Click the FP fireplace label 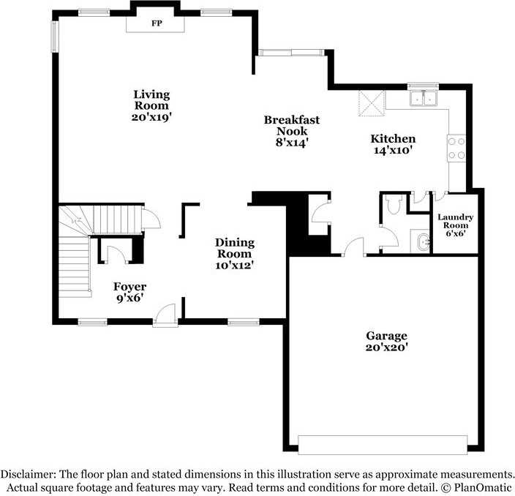[x=156, y=23]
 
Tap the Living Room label [x=151, y=105]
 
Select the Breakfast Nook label [x=292, y=130]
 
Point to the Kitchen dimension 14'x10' [x=393, y=151]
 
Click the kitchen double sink [x=423, y=98]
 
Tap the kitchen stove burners [x=457, y=148]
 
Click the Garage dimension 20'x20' [x=386, y=347]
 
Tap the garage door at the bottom [x=382, y=444]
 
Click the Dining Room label [x=234, y=253]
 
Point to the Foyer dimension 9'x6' [x=129, y=298]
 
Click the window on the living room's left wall [x=55, y=34]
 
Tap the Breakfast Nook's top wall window [x=290, y=51]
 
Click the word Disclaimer [x=30, y=473]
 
